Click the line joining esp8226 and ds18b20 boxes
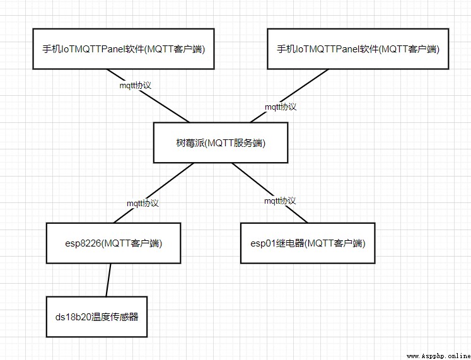tap(108, 280)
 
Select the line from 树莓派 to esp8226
tap(154, 193)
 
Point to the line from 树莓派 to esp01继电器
tap(270, 193)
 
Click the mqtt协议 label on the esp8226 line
tap(142, 203)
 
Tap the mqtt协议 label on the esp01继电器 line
tap(280, 201)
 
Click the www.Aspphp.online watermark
tap(439, 356)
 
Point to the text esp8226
tap(83, 243)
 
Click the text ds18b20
tap(73, 317)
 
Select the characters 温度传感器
tap(115, 316)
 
